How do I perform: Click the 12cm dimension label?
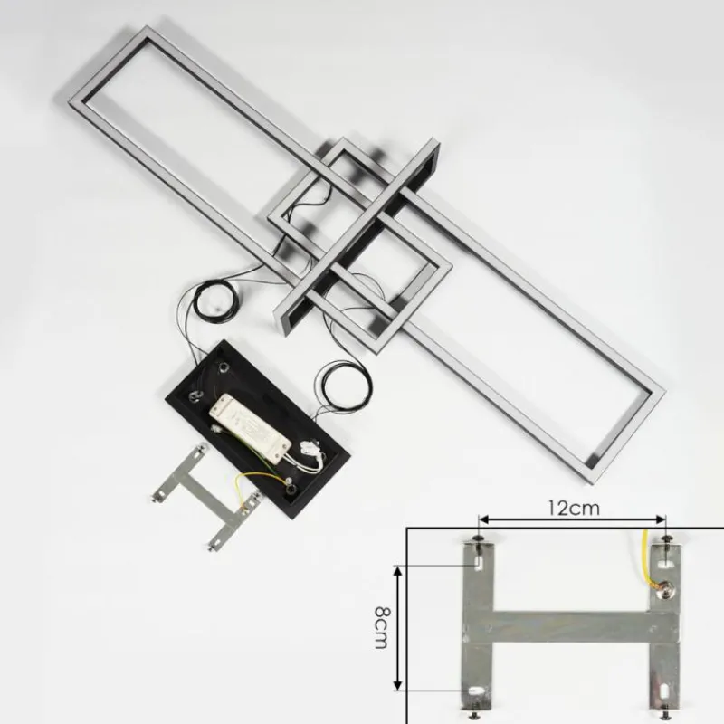tap(574, 509)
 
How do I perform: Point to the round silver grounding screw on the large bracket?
tap(664, 587)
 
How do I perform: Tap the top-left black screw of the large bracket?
tap(479, 540)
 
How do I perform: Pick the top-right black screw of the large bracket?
tap(666, 539)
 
